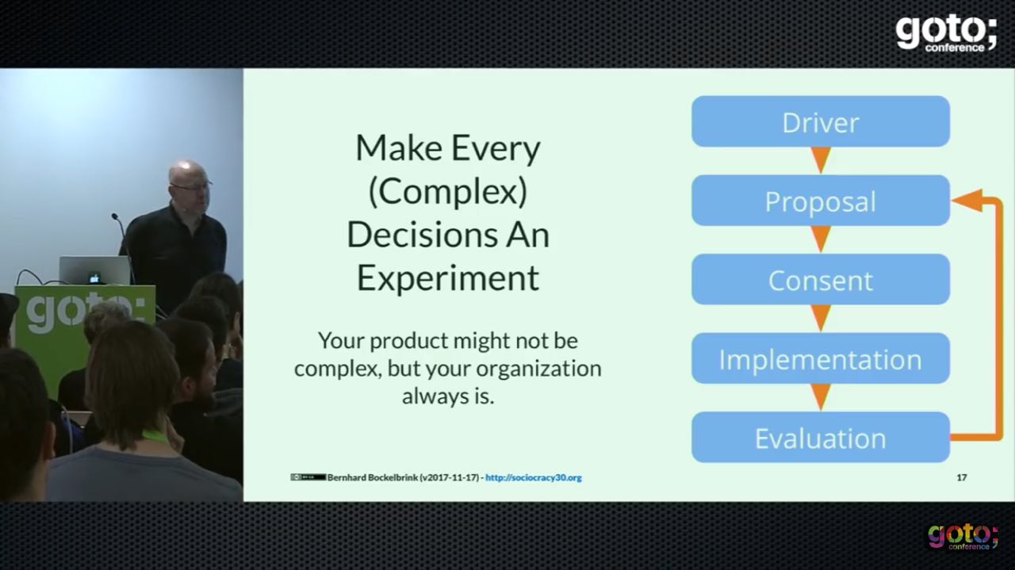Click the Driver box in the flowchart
pos(821,121)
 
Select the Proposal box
pos(821,201)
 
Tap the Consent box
pos(821,279)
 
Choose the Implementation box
pos(821,358)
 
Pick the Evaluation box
pos(821,438)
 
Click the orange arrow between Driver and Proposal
pos(821,160)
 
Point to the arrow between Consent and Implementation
pos(821,318)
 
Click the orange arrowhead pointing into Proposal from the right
pos(967,201)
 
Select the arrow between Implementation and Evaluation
pos(821,397)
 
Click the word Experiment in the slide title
pos(448,277)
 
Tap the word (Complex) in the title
pos(448,192)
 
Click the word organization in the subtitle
pos(538,369)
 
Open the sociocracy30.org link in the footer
pos(534,477)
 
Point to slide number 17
pos(962,477)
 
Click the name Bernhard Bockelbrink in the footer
pos(373,477)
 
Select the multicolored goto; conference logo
pos(963,537)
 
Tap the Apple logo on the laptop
pos(94,278)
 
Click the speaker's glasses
pos(192,186)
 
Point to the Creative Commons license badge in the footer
pos(308,477)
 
